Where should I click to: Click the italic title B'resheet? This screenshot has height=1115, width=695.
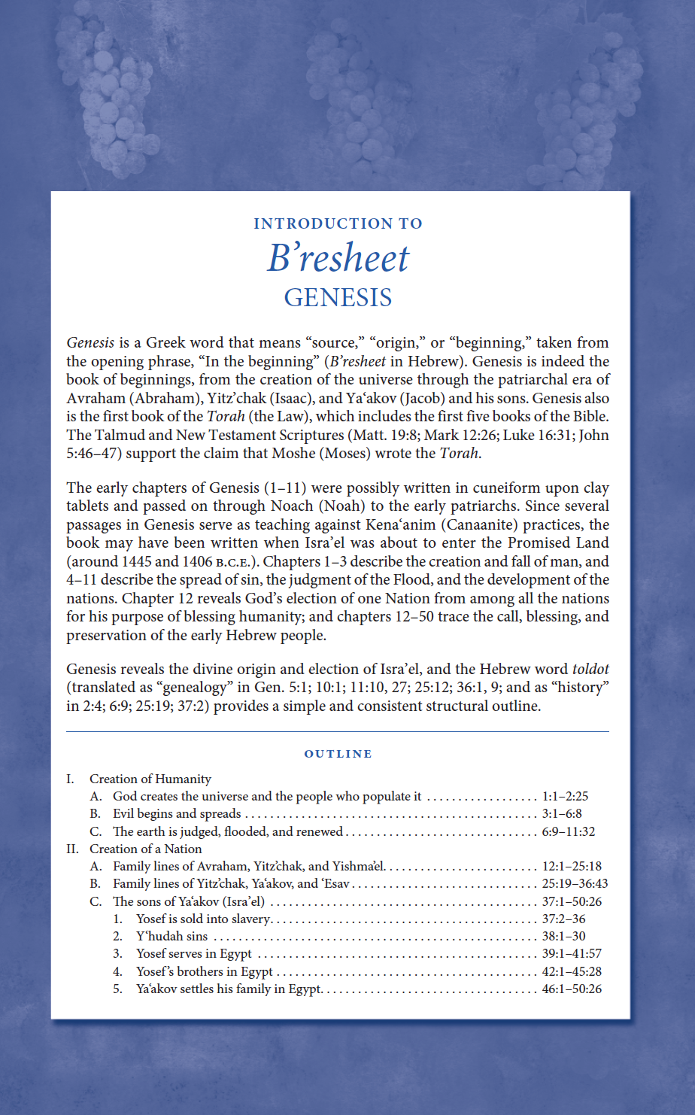[338, 258]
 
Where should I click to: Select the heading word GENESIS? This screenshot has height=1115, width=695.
[338, 297]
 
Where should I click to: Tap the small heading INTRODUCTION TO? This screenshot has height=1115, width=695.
[338, 223]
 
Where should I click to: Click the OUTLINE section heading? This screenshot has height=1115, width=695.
[338, 754]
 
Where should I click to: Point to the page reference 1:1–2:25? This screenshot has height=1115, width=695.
[565, 796]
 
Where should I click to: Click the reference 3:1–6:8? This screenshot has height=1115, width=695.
[561, 813]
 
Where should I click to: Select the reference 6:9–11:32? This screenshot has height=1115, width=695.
[568, 831]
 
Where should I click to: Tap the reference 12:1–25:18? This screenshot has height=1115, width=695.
[572, 866]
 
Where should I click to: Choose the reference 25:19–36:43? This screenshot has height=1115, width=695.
[575, 883]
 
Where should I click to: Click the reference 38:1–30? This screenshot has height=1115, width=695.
[563, 936]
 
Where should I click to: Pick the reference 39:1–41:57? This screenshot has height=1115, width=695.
[572, 953]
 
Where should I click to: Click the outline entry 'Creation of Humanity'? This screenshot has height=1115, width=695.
[150, 779]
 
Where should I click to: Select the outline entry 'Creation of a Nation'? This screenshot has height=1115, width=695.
[146, 849]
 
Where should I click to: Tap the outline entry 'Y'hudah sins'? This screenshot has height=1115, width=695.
[171, 936]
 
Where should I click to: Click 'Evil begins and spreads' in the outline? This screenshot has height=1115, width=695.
[177, 813]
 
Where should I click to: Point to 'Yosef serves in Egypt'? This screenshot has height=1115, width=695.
[194, 953]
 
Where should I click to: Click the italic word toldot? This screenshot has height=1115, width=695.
[590, 669]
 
